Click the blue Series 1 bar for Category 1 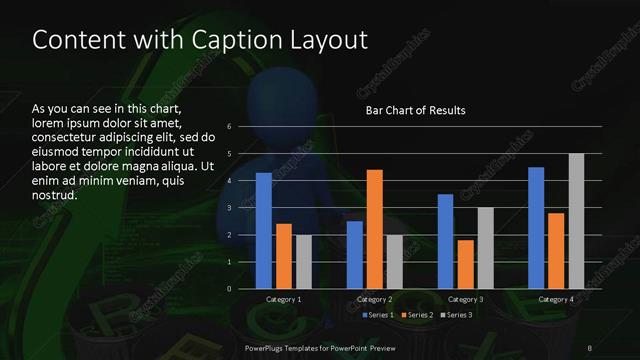coord(264,230)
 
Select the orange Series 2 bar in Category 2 coord(375,229)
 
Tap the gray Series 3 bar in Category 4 coord(576,221)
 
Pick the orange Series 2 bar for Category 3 coord(466,264)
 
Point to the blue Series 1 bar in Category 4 coord(536,227)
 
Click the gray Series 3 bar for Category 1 coord(304,262)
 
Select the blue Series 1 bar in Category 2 coord(355,255)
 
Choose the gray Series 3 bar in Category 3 coord(486,248)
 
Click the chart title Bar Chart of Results coord(415,110)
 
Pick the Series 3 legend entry coord(457,315)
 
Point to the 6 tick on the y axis coord(230,127)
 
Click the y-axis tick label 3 coord(230,208)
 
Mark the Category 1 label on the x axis coord(284,299)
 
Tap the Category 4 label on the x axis coord(556,299)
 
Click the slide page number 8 coord(590,348)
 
